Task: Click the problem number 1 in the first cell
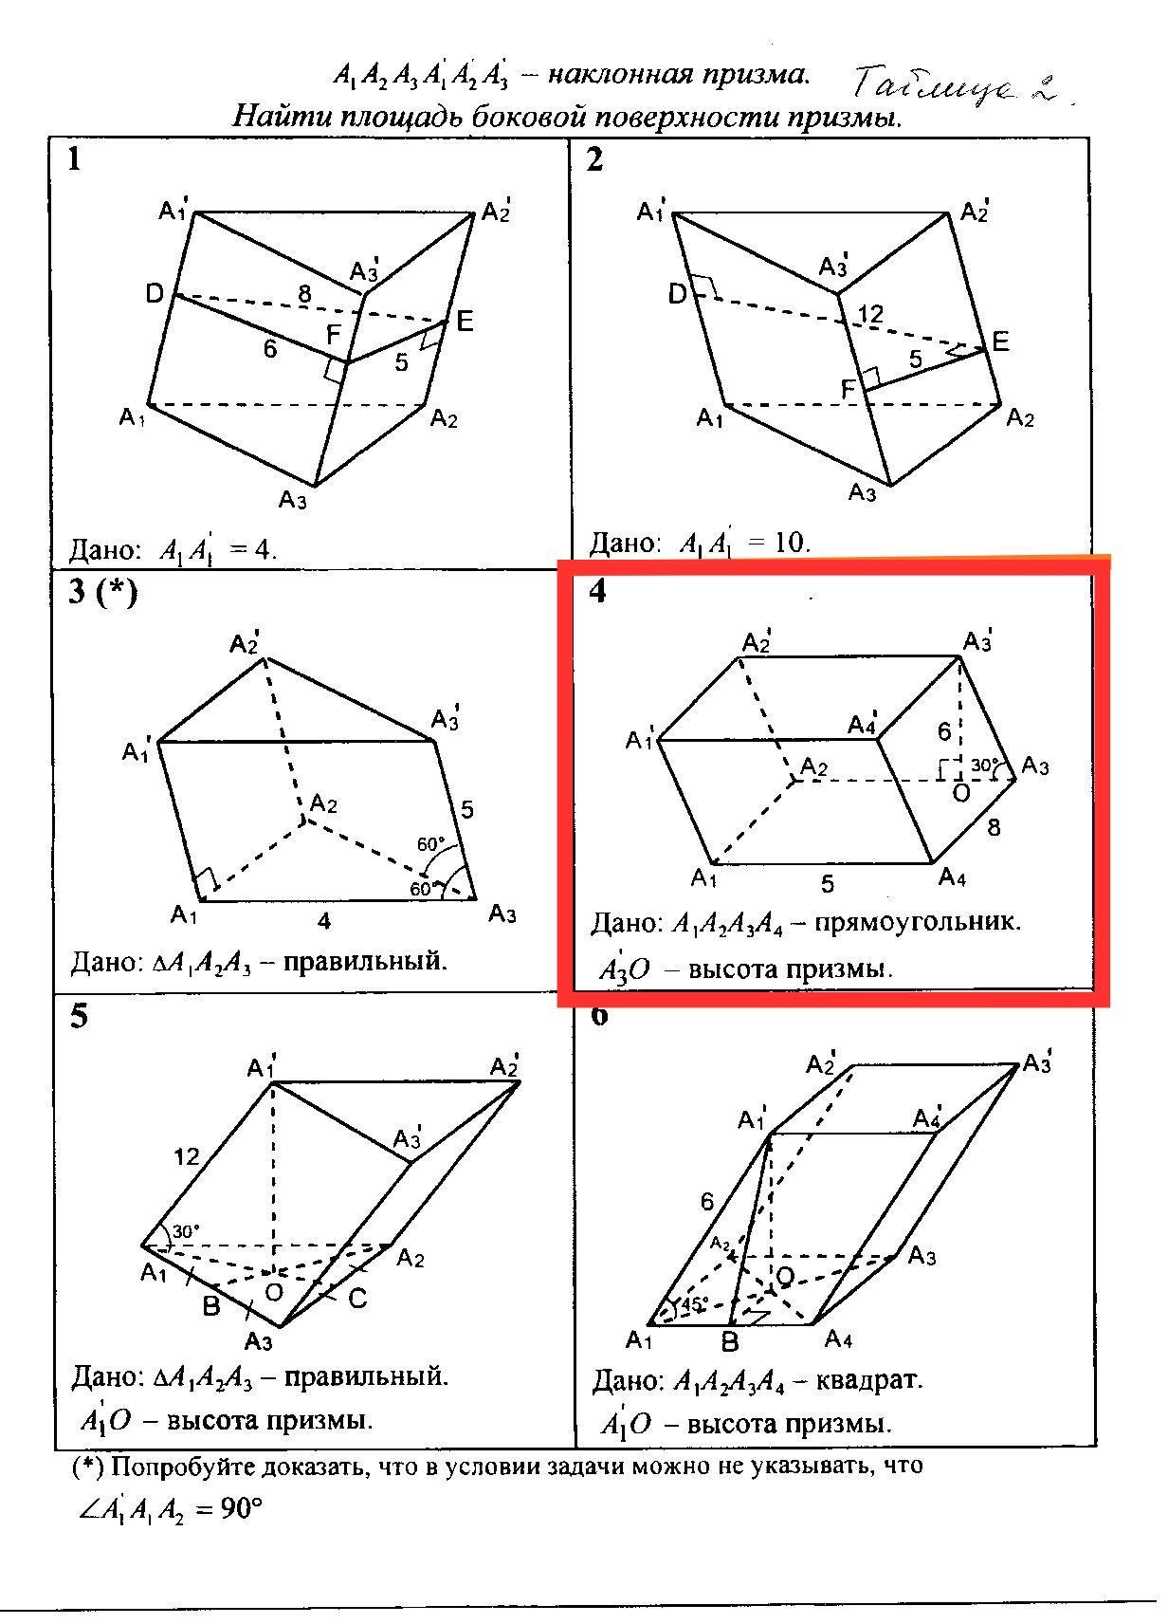(75, 159)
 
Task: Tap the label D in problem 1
(155, 294)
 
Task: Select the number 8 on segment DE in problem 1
(303, 294)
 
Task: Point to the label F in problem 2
(849, 388)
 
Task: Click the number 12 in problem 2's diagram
(869, 314)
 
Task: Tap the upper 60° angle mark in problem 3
(430, 844)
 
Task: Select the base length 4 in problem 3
(324, 920)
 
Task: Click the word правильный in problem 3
(365, 961)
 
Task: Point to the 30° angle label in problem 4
(984, 765)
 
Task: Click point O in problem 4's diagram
(960, 793)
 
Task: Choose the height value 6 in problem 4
(944, 731)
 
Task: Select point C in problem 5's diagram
(357, 1299)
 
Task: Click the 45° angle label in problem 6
(695, 1304)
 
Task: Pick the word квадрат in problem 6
(881, 1379)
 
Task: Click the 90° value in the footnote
(240, 1508)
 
